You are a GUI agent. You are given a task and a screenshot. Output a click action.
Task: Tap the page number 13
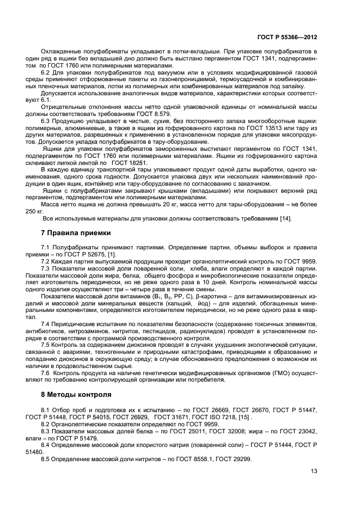click(x=314, y=471)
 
